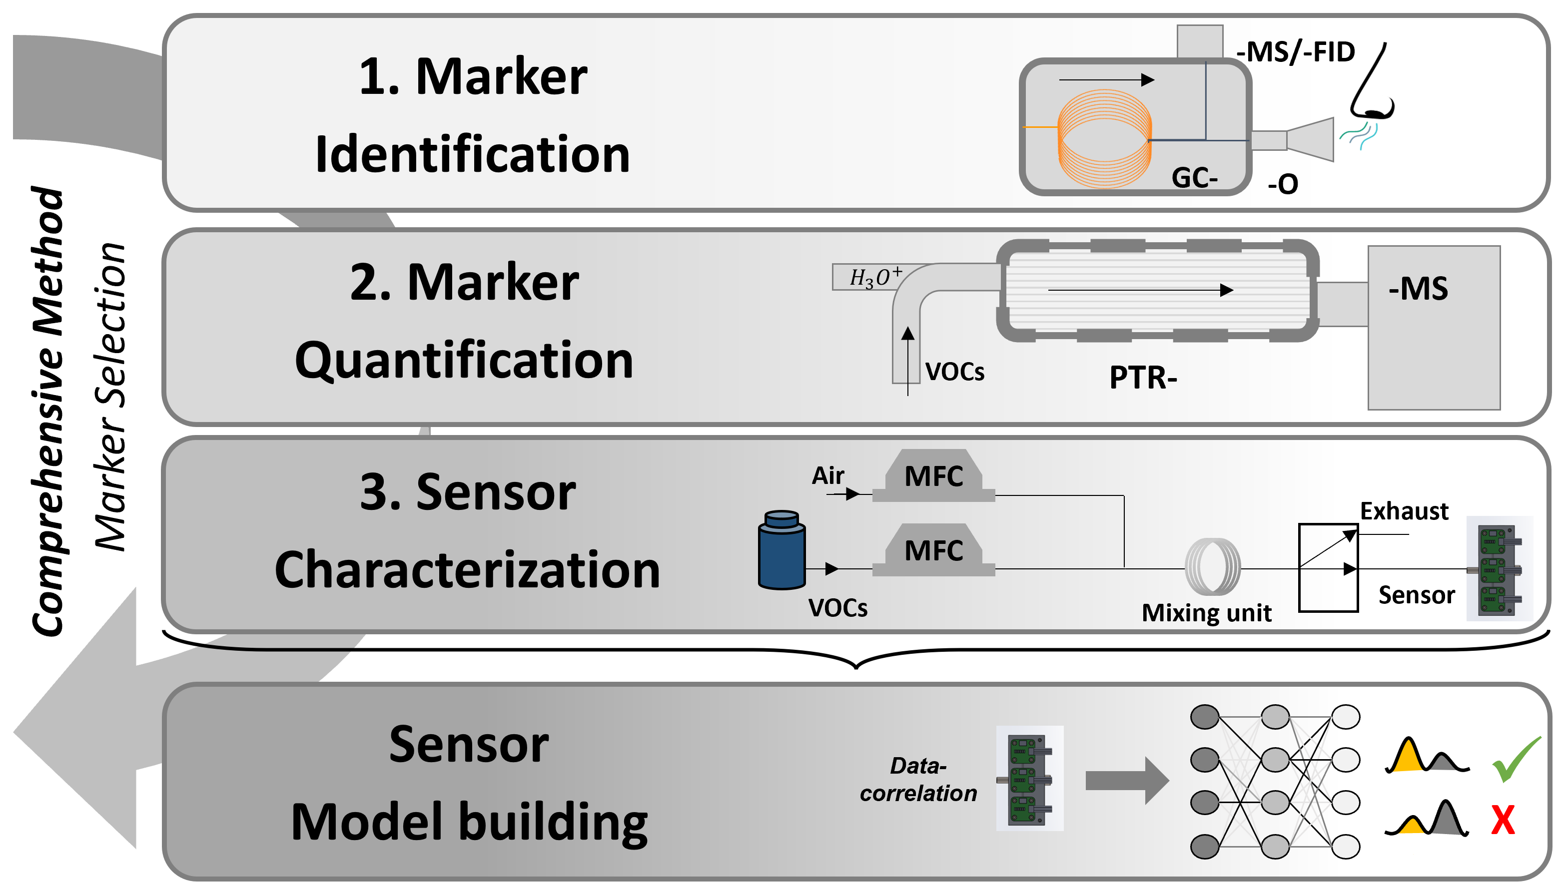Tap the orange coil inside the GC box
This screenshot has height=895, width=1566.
click(1104, 138)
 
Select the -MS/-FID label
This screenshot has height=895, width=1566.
click(1296, 52)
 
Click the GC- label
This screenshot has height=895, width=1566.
click(1194, 178)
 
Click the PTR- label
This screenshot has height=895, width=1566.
click(1143, 378)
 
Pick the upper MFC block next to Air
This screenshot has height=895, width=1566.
click(933, 477)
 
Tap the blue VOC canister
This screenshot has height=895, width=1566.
click(782, 551)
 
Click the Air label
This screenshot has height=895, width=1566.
click(827, 476)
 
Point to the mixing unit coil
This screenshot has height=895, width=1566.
click(1212, 567)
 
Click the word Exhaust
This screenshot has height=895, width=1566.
click(1404, 511)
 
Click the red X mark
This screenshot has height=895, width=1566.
click(1503, 820)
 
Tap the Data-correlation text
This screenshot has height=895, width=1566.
click(918, 780)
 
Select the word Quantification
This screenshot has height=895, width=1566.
click(464, 361)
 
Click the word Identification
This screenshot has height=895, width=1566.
click(472, 155)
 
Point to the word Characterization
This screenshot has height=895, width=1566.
click(467, 570)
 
